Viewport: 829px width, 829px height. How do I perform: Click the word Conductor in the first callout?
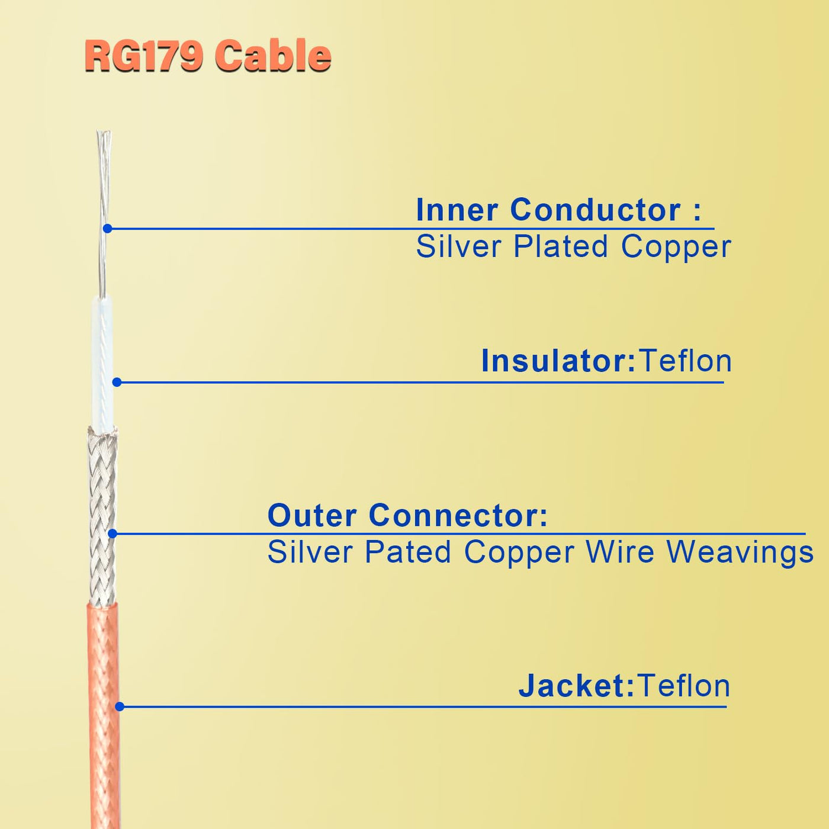pyautogui.click(x=595, y=210)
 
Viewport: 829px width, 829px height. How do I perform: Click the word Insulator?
pyautogui.click(x=558, y=361)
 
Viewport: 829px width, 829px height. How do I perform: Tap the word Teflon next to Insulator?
pyautogui.click(x=686, y=361)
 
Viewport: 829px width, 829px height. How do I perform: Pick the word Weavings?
pyautogui.click(x=740, y=553)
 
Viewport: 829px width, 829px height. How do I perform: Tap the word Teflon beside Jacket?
pyautogui.click(x=684, y=686)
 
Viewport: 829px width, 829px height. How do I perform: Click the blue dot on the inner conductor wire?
pyautogui.click(x=107, y=229)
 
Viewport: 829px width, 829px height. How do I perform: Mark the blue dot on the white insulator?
pyautogui.click(x=117, y=383)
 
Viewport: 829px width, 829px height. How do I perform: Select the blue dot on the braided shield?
pyautogui.click(x=113, y=534)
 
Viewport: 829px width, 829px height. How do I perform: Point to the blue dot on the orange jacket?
pyautogui.click(x=120, y=706)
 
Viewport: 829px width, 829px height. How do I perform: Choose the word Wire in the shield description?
pyautogui.click(x=620, y=552)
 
